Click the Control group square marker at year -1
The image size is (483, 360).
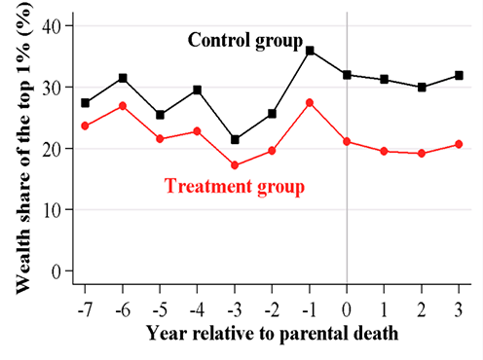point(310,51)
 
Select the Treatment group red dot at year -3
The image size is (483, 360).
point(235,165)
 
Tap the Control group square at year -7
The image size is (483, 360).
point(85,103)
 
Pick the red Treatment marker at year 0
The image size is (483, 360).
point(347,141)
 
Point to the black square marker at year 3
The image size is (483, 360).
point(459,76)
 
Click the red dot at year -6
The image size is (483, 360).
point(123,106)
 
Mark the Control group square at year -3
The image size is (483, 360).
point(235,140)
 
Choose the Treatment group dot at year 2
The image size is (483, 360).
point(422,154)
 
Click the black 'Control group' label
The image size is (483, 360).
point(245,41)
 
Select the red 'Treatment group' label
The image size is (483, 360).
point(235,187)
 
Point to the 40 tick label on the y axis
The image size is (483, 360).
point(52,25)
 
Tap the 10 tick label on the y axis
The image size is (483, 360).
point(52,210)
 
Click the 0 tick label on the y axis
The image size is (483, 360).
point(56,271)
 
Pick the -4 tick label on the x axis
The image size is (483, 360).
point(197,310)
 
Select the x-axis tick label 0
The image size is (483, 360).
point(347,310)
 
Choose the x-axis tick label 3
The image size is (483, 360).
point(459,310)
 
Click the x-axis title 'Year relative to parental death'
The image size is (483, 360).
point(272,334)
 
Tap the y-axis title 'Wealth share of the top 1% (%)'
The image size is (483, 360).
point(24,148)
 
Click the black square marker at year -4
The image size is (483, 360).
point(197,90)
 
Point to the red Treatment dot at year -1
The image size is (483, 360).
point(310,103)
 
